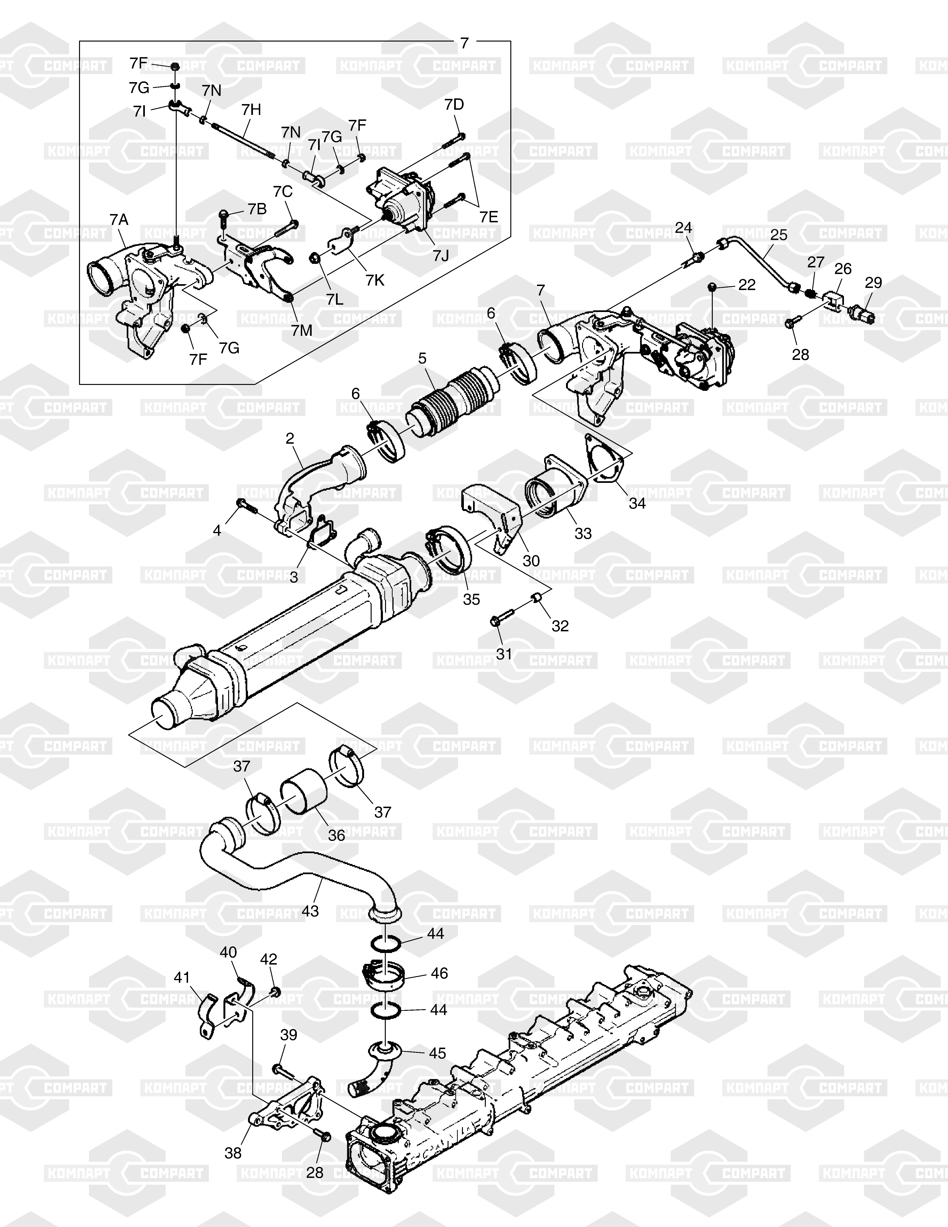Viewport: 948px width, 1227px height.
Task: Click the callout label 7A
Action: click(119, 220)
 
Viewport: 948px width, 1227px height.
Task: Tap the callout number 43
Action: click(310, 911)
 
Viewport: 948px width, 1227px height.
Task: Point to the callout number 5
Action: click(422, 358)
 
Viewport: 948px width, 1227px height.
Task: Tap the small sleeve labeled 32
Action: click(536, 597)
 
